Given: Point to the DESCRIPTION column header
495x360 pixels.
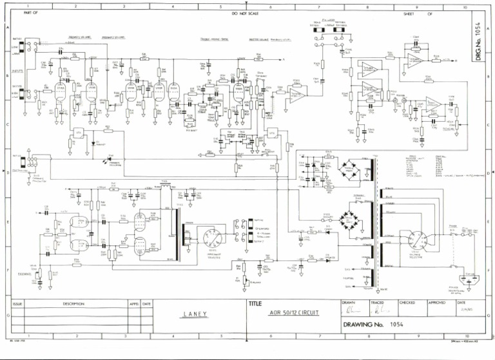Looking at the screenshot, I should (73, 303).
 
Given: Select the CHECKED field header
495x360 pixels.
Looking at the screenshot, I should (407, 302).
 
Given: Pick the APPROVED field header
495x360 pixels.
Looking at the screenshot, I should (437, 302).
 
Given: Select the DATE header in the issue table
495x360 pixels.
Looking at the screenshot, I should (147, 303).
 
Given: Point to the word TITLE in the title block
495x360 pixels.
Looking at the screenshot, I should (256, 303).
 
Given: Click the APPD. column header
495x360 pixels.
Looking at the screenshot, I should (134, 303).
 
